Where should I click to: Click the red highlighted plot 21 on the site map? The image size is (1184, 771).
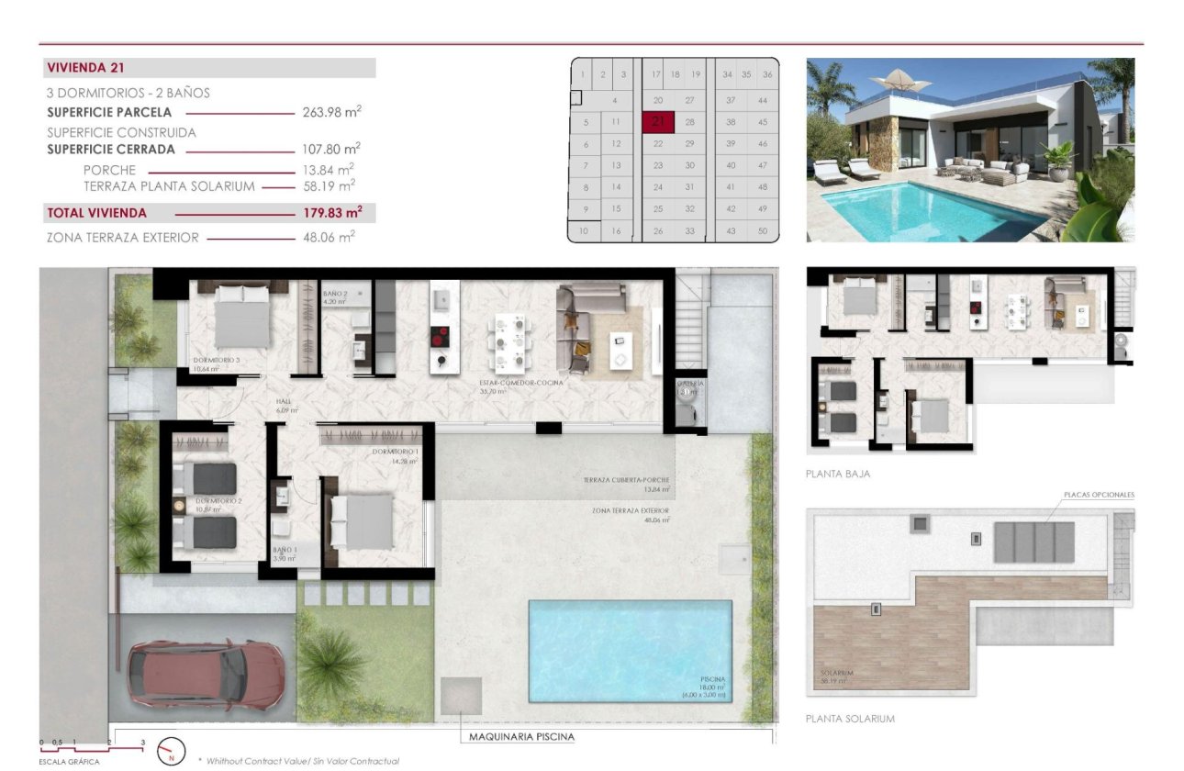(658, 122)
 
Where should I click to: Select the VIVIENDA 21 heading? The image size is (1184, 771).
(85, 68)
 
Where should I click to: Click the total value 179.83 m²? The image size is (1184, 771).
(331, 213)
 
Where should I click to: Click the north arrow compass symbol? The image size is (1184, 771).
(172, 752)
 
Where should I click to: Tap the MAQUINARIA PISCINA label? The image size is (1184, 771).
(521, 736)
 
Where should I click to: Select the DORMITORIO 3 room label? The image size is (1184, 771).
(217, 361)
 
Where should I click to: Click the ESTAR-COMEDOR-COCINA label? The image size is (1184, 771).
(520, 383)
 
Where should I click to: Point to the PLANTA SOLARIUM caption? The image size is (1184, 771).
(850, 719)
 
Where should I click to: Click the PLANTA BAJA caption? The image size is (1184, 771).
(837, 475)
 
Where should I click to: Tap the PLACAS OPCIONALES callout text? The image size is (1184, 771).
(1099, 495)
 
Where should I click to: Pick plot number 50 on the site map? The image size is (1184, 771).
(763, 231)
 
